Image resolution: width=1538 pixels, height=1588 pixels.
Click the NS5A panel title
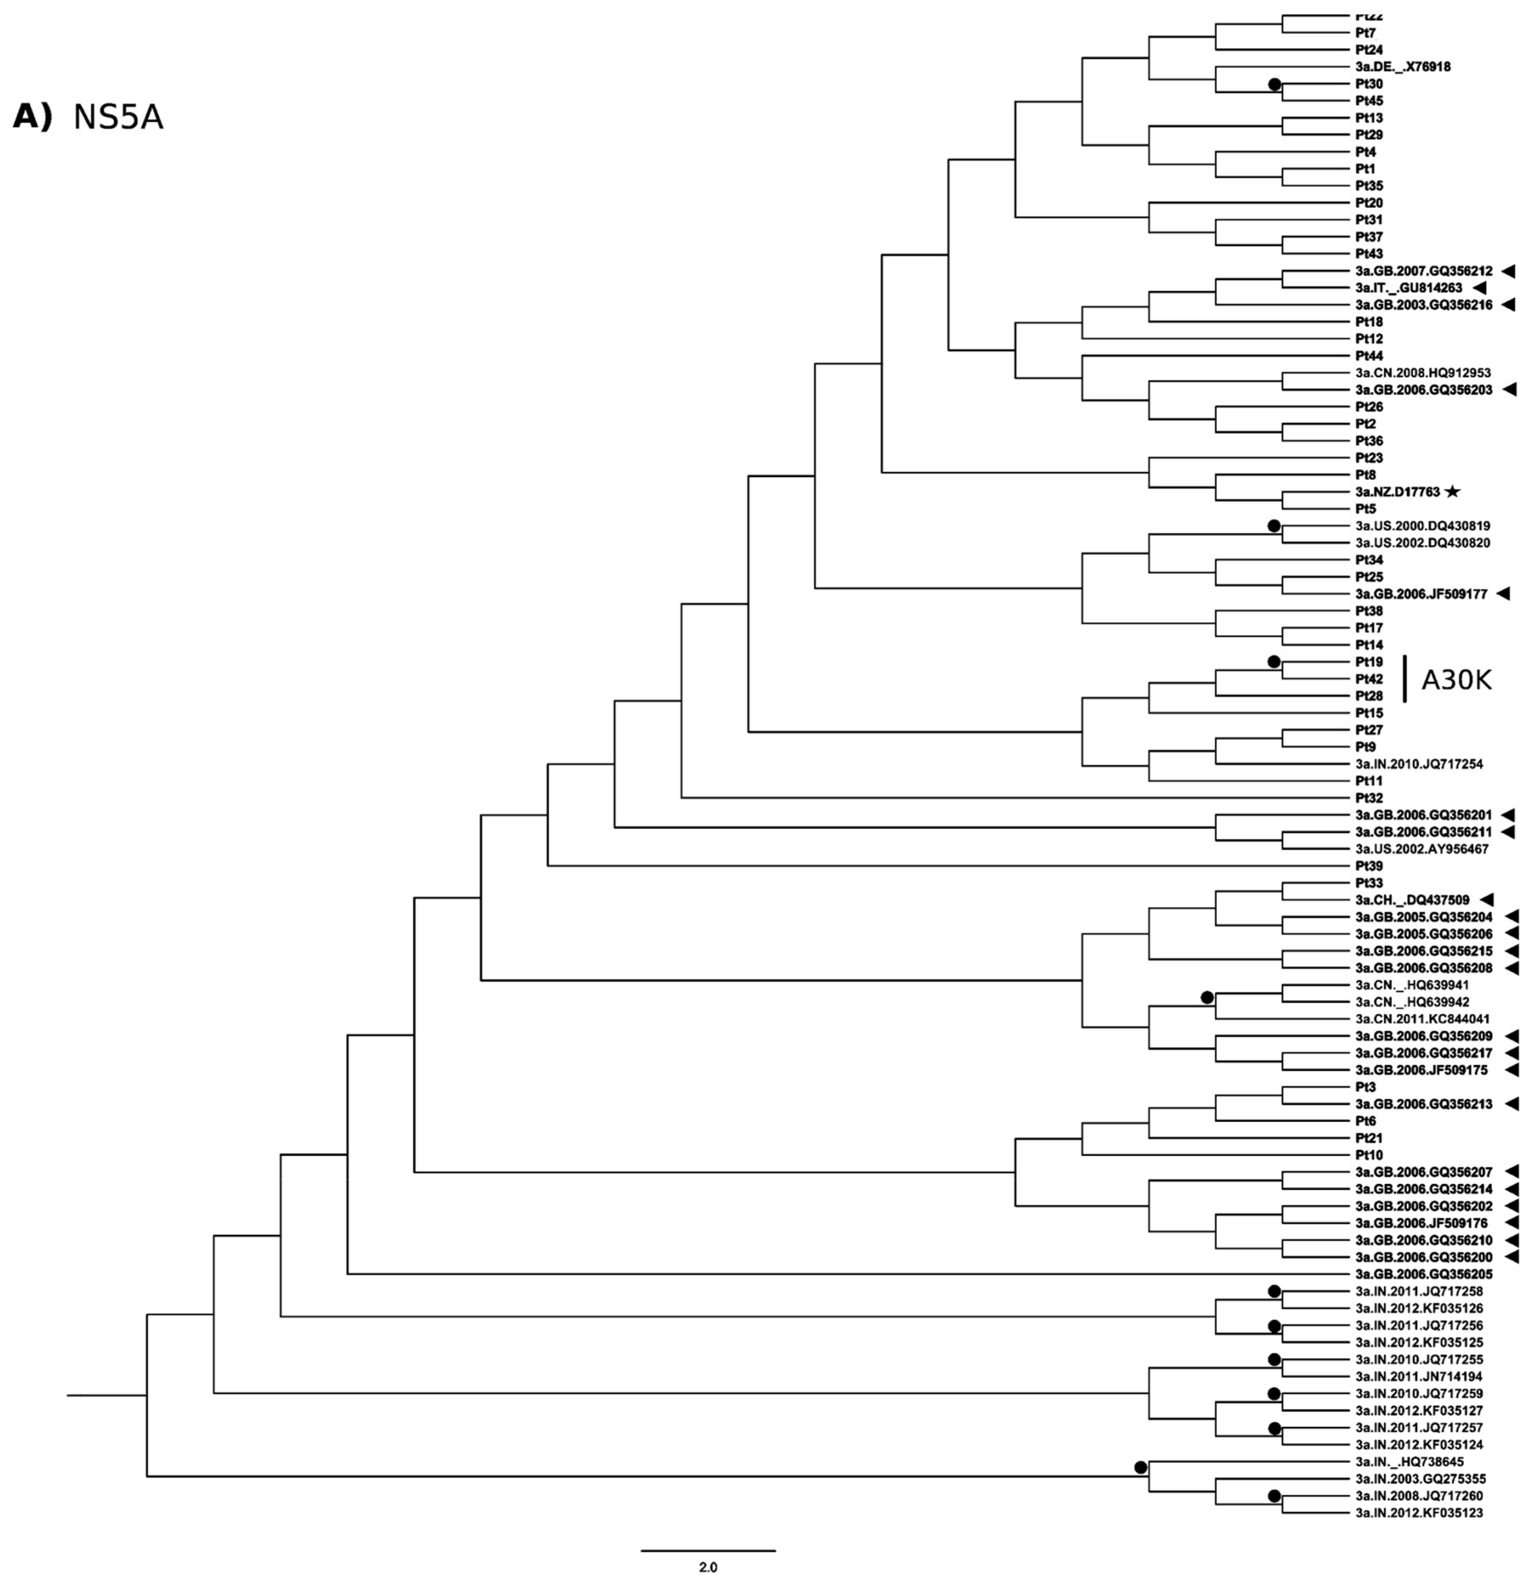click(118, 118)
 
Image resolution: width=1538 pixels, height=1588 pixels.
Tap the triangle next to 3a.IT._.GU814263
click(1481, 287)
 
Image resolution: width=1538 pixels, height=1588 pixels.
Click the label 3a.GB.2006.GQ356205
click(1423, 1274)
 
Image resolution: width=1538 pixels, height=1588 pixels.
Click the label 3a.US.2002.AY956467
click(1421, 849)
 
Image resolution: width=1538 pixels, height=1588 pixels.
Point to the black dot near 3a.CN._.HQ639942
click(1208, 997)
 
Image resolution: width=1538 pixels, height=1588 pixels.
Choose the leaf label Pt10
click(1369, 1154)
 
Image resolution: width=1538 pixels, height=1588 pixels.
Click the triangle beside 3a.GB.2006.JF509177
click(1504, 594)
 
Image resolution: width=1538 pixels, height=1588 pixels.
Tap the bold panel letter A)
click(32, 118)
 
